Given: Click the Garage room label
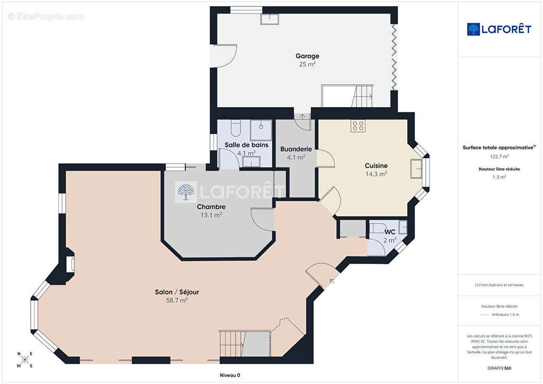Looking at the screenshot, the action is pos(307,56).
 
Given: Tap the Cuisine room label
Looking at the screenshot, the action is pos(376,166).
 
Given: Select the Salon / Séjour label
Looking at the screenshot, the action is pos(177,292).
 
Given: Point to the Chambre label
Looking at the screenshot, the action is pos(211,207).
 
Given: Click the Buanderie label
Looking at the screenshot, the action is pos(296,149).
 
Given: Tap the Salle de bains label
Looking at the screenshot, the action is pos(246,145).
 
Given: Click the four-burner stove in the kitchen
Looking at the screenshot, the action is pos(358,126).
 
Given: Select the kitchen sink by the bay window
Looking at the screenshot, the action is pos(416,168).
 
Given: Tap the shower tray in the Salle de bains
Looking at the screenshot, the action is pos(261,130).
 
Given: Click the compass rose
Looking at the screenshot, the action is pos(25,360).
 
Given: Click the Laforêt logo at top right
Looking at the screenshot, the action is pos(499,29).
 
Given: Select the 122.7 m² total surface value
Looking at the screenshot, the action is pos(499,156).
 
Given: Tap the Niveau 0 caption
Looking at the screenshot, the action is pos(230,375).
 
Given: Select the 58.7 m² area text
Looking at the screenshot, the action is pos(177,300).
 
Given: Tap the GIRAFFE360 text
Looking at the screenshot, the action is pos(499,368).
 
